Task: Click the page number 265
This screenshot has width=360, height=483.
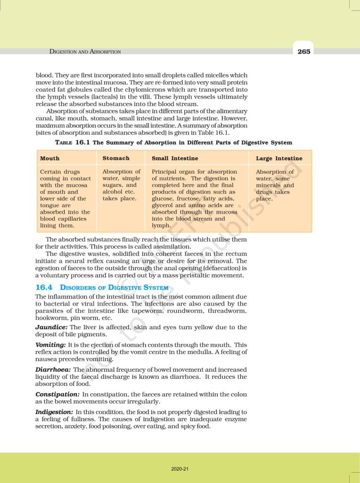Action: tap(304, 52)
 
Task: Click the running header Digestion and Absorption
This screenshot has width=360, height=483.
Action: tap(85, 52)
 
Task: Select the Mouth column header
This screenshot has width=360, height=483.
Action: tap(50, 158)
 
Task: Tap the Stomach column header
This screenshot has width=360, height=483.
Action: tap(116, 158)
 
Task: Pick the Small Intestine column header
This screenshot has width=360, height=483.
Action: tap(175, 158)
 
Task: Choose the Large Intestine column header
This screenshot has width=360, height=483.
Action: tap(279, 158)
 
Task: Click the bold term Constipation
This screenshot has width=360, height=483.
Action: tap(57, 394)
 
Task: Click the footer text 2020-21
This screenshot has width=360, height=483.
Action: tap(180, 469)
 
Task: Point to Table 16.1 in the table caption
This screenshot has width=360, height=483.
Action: tap(72, 142)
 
